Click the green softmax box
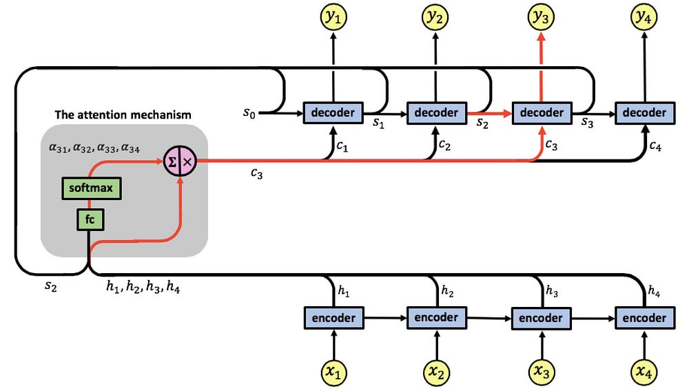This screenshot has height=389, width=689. pos(92,188)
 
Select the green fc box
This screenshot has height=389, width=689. pos(90,219)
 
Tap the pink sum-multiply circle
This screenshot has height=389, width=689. pos(180,161)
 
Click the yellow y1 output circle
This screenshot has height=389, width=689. pos(333,17)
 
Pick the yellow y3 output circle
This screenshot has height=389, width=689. pos(541,17)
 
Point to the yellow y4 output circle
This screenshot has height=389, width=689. pos(644,17)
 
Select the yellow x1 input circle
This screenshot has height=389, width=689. pos(333,372)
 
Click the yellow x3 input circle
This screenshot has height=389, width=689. pos(541,372)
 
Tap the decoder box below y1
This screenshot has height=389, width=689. pos(333,112)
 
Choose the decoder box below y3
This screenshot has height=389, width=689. pos(542,112)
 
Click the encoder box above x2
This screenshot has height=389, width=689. pos(437,318)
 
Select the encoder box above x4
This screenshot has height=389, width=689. pos(645,318)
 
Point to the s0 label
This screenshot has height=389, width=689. pos(249,114)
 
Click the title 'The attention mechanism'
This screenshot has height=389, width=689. pos(123,115)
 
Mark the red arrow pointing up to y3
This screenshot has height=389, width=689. pos(541,68)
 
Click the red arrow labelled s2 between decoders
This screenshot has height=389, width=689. pos(489,113)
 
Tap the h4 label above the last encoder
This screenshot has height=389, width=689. pos(654,291)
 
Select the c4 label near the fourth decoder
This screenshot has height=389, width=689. pos(655,146)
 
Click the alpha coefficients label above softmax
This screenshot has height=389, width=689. pos(94,148)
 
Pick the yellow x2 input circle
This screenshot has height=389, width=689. pos(436,372)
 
